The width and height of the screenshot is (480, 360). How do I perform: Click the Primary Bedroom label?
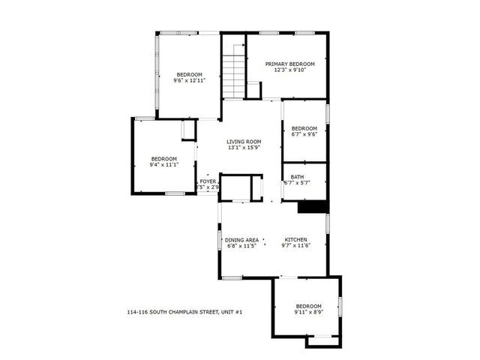click(x=289, y=64)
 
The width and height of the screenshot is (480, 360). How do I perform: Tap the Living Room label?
click(x=244, y=142)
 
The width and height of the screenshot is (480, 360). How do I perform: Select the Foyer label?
click(x=208, y=181)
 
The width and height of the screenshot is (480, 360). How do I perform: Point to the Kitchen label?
click(x=295, y=240)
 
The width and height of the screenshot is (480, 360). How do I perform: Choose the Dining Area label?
click(x=241, y=240)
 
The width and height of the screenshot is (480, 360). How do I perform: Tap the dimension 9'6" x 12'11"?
click(x=189, y=79)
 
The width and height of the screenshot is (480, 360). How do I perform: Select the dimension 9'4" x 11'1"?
click(x=163, y=164)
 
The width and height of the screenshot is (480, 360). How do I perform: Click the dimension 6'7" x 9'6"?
click(x=304, y=134)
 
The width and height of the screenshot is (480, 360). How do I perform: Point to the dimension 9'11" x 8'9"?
click(x=308, y=312)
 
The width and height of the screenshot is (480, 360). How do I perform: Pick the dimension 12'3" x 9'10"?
click(x=289, y=70)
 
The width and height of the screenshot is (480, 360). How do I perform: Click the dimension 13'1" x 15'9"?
click(x=244, y=148)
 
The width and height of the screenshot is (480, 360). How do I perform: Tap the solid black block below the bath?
click(x=313, y=206)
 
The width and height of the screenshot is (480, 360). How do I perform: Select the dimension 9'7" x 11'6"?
click(x=295, y=246)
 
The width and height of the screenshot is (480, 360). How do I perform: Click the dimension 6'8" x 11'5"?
click(x=241, y=246)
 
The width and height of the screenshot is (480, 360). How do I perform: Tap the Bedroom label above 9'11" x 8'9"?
click(x=308, y=306)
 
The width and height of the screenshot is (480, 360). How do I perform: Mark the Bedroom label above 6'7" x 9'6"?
click(x=304, y=128)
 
